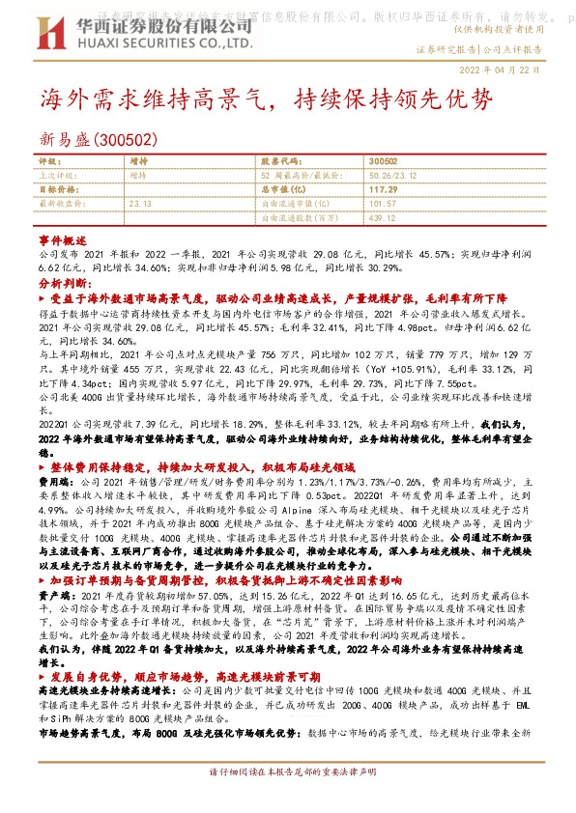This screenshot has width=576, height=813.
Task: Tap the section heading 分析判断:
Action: (63, 285)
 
